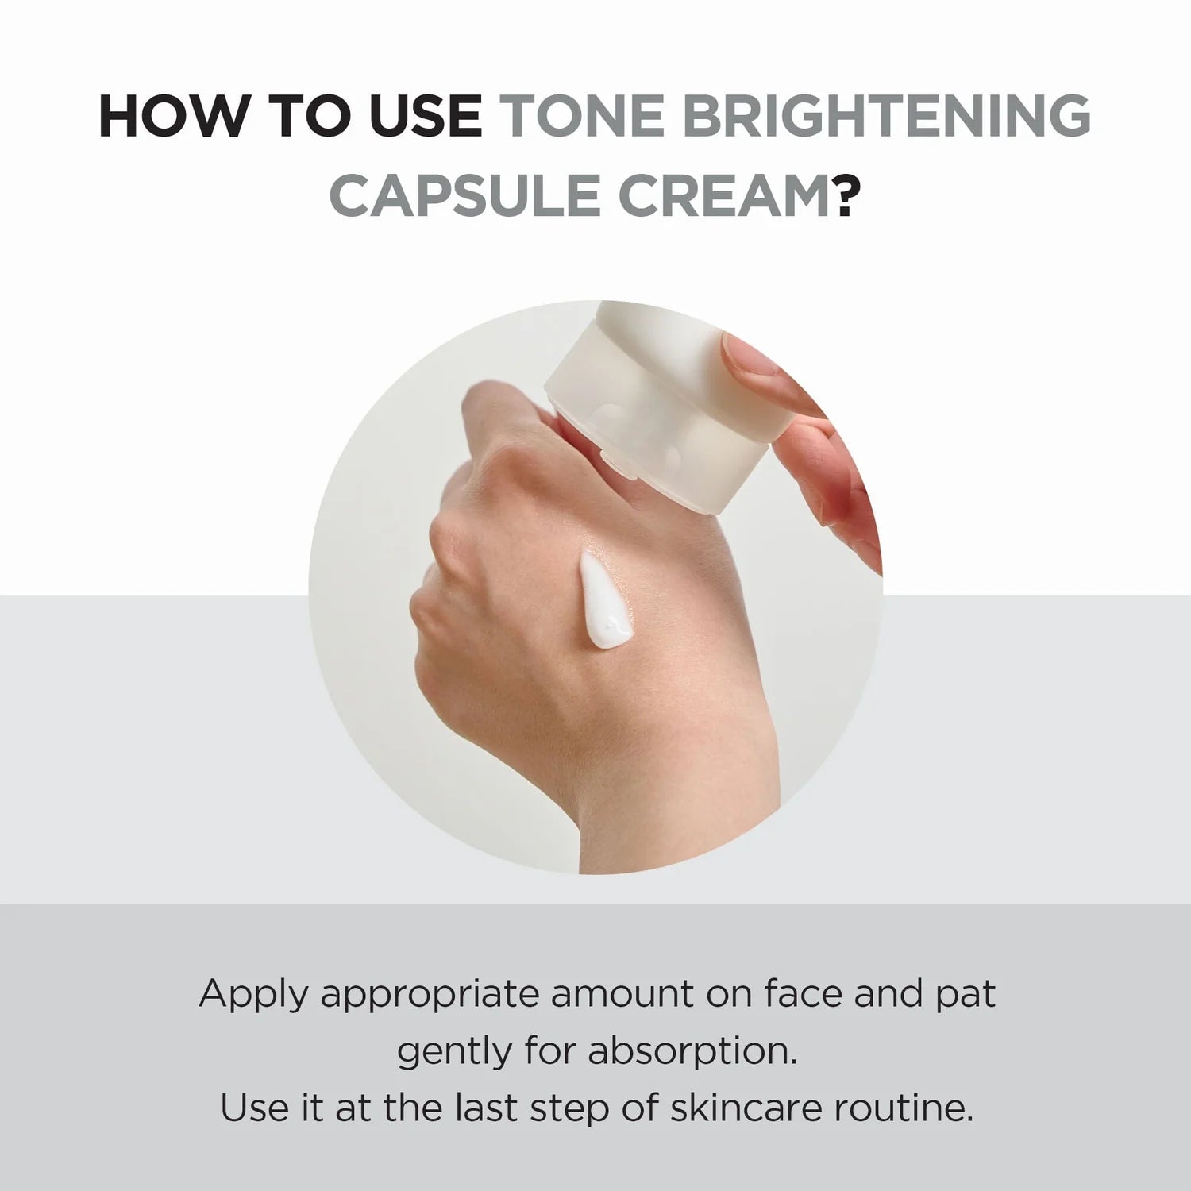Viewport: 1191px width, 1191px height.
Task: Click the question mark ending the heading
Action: tap(846, 195)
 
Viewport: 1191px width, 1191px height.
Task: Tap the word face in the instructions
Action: tap(802, 994)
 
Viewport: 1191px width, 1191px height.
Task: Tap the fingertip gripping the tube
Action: tap(750, 357)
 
